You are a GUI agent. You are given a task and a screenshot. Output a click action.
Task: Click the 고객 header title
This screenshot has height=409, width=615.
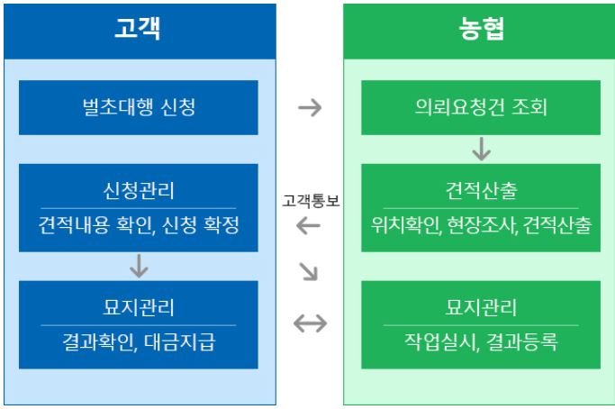[x=138, y=30]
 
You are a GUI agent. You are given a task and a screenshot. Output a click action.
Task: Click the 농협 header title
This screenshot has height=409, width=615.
[x=481, y=30]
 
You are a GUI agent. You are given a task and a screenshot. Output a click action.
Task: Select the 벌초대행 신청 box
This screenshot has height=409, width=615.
[x=138, y=107]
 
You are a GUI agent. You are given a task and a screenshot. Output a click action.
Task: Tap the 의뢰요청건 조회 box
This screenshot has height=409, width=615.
[x=481, y=107]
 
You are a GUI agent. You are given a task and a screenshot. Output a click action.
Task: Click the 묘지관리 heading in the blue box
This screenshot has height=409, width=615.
[x=138, y=306]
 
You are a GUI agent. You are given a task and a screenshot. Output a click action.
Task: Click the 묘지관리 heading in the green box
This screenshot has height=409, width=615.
[x=481, y=306]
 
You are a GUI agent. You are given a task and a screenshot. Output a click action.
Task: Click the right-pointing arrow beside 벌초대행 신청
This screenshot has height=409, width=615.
[x=309, y=107]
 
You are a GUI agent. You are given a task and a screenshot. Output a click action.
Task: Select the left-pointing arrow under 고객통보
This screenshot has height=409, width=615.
[x=309, y=226]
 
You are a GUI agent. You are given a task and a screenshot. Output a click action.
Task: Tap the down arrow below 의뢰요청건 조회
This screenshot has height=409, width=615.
[x=481, y=148]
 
